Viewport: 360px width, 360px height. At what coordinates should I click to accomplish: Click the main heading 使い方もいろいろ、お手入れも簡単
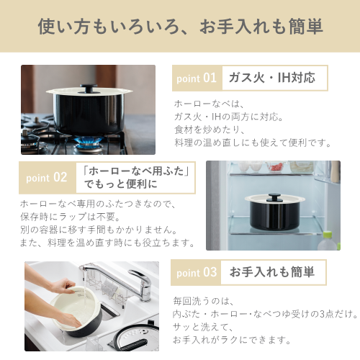click(x=180, y=27)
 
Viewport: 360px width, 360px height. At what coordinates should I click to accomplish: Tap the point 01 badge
click(x=195, y=78)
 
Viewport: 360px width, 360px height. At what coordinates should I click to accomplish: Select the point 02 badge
click(x=46, y=177)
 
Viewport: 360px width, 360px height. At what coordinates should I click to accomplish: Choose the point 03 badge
click(x=196, y=272)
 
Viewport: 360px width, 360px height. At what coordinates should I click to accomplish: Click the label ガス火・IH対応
click(x=271, y=78)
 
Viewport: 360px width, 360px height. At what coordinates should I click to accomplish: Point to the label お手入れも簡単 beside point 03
click(x=271, y=272)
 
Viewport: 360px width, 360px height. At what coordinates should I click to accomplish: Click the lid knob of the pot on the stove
click(x=88, y=88)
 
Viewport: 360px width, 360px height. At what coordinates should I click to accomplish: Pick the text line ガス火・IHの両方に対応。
click(x=230, y=117)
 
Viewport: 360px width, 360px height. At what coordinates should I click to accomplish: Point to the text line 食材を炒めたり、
click(x=210, y=130)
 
